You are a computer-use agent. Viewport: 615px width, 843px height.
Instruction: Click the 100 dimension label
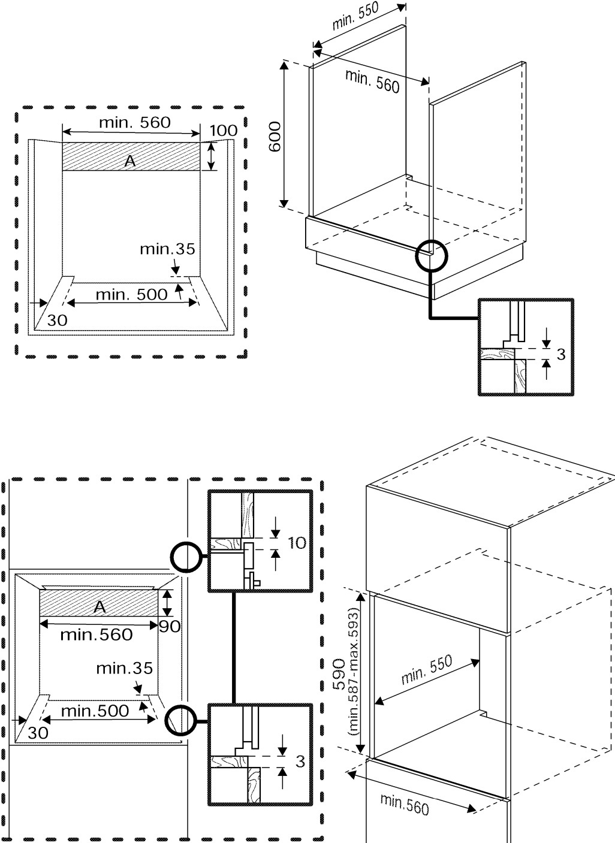[223, 130]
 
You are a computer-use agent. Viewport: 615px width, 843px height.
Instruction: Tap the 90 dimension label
[170, 627]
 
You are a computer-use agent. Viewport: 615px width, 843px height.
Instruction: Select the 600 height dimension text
[275, 137]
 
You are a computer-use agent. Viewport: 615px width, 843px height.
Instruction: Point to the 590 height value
[339, 673]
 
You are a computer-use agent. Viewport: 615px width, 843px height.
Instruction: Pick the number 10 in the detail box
[297, 543]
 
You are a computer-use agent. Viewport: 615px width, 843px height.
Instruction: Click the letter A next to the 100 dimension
[130, 160]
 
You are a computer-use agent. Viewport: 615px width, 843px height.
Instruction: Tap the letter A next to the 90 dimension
[100, 606]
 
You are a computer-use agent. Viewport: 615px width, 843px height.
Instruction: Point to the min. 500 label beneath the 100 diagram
[131, 294]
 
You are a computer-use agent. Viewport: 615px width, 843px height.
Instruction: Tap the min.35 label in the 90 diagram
[125, 667]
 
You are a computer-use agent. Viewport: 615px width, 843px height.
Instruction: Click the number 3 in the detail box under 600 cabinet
[560, 354]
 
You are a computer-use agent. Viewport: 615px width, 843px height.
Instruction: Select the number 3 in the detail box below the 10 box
[300, 761]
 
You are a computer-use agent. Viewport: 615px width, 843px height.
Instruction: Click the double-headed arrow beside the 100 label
[211, 156]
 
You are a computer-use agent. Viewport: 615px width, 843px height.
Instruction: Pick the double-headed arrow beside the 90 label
[168, 603]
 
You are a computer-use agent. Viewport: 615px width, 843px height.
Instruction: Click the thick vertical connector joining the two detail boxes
[234, 648]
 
